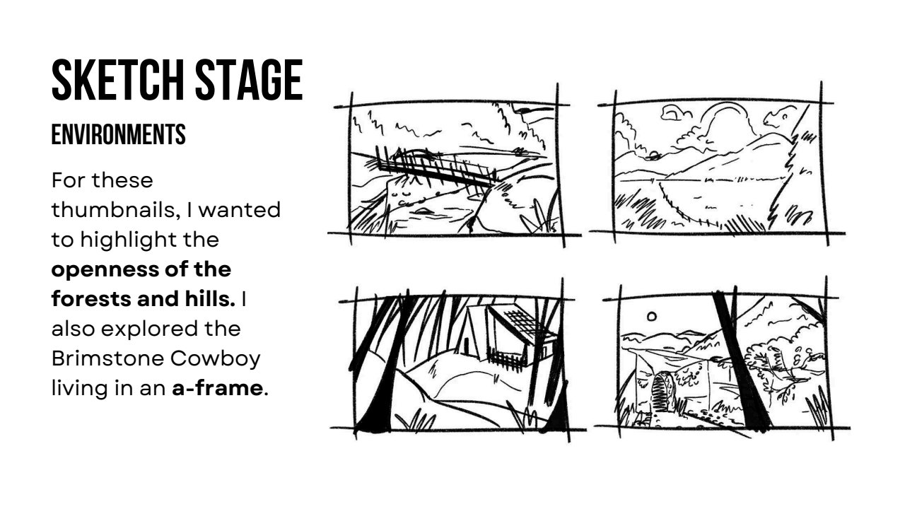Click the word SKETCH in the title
(117, 80)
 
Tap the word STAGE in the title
(249, 80)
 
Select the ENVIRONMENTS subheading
(118, 134)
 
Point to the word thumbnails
(116, 210)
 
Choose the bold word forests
(91, 299)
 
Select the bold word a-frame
(217, 388)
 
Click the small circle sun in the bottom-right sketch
(651, 316)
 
